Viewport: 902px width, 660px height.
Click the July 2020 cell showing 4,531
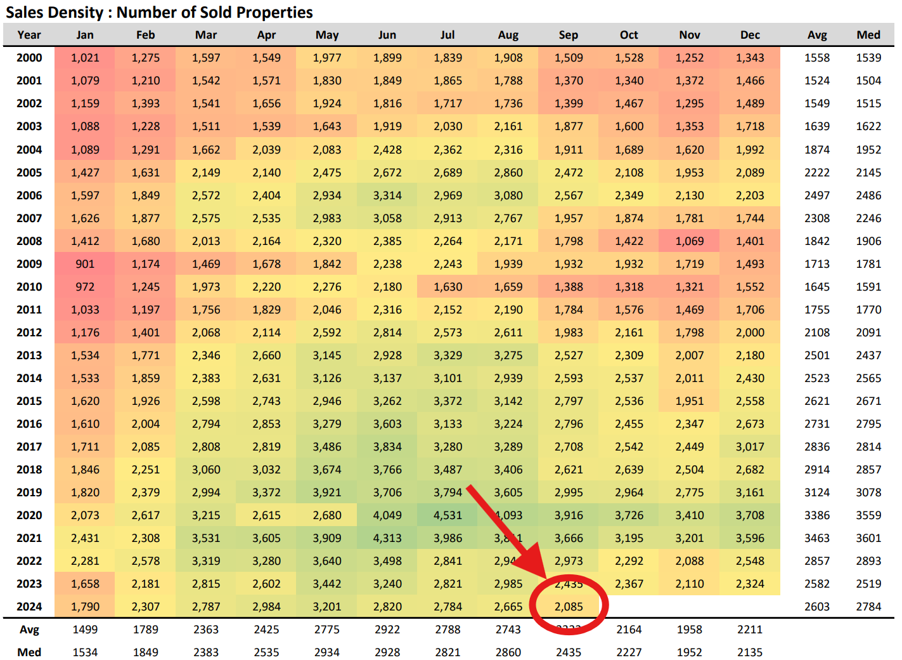coord(448,515)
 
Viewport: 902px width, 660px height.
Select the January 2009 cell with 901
coord(85,264)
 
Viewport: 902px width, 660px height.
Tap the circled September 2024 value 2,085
coord(569,607)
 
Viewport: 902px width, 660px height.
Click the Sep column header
coord(568,35)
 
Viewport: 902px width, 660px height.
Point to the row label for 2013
coord(29,355)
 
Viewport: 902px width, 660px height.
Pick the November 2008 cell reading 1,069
coord(689,241)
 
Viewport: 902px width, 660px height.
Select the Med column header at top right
coord(868,35)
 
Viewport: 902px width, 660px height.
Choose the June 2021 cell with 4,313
coord(387,538)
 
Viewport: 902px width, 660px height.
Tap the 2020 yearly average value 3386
coord(816,515)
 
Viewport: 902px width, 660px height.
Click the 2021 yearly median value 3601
coord(868,538)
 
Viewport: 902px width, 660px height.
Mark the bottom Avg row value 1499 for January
coord(85,630)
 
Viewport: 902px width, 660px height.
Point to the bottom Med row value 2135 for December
coord(750,652)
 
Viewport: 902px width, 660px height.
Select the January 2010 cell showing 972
coord(85,287)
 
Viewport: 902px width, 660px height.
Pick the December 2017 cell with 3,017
coord(750,447)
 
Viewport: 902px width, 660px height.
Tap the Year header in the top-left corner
coord(29,35)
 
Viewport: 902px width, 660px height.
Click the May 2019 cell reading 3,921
coord(327,492)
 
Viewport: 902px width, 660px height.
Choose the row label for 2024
coord(29,607)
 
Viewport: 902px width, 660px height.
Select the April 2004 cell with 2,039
coord(266,150)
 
